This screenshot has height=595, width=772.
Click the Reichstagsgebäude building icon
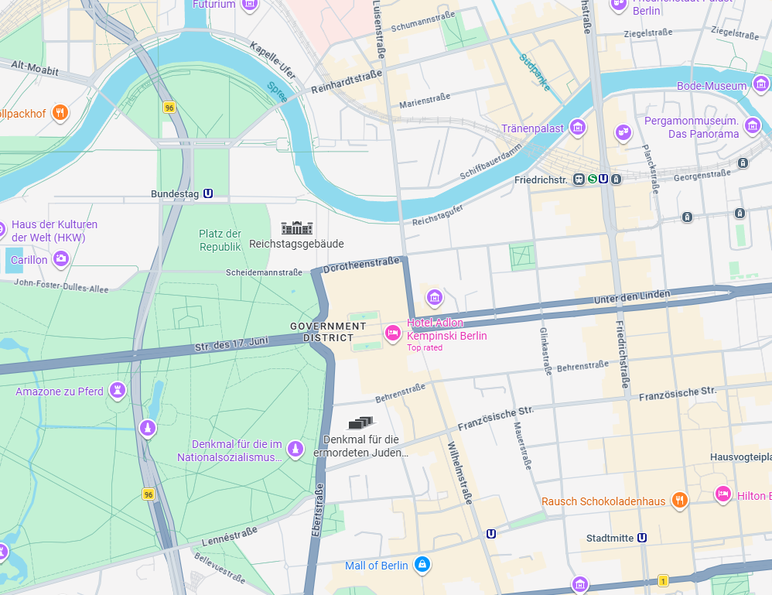[x=297, y=227]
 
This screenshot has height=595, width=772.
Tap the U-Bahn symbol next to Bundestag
[x=208, y=193]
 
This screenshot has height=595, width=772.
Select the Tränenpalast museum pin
[x=577, y=127]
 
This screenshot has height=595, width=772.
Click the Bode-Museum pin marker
[x=761, y=84]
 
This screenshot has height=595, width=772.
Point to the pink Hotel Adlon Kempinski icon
[x=393, y=333]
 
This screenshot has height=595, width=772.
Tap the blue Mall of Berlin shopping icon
[x=422, y=565]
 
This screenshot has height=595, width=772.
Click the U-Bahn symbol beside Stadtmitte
[x=642, y=538]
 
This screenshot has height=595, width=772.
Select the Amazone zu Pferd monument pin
[x=117, y=390]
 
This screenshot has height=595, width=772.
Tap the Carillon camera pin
[x=60, y=259]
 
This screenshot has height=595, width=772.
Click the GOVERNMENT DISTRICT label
[x=328, y=332]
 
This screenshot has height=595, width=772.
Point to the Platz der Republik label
[x=220, y=240]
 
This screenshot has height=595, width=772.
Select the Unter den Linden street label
[x=632, y=296]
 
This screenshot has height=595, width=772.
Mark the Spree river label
[x=277, y=92]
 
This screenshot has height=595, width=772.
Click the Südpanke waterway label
[x=535, y=72]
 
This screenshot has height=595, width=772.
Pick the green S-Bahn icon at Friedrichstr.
[x=593, y=179]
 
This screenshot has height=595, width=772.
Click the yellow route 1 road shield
[x=663, y=580]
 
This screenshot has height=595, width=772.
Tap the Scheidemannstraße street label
[x=264, y=272]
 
